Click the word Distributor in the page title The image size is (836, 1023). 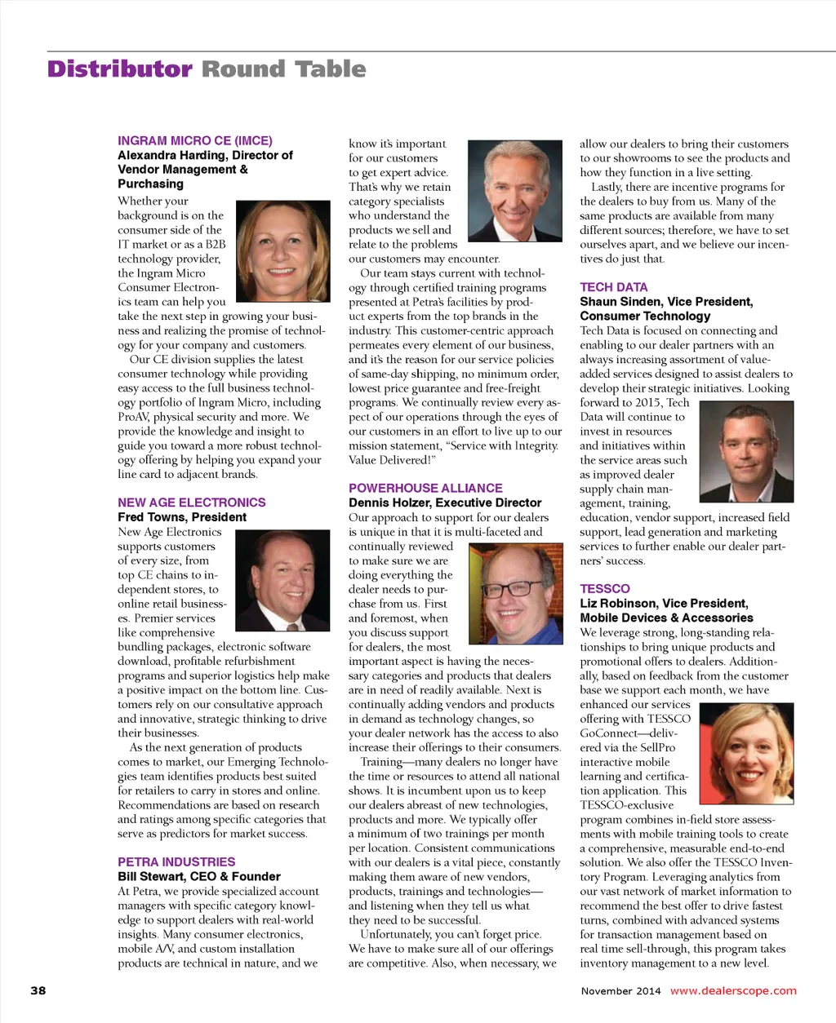(119, 69)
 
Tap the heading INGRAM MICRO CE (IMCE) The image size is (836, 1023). (195, 140)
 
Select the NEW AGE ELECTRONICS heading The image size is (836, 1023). (192, 503)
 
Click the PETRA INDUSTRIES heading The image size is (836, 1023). (176, 861)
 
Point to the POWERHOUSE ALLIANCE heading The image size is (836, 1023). (425, 488)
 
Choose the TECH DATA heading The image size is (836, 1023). (614, 287)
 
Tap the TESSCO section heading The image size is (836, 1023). (605, 588)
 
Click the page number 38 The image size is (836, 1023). (38, 990)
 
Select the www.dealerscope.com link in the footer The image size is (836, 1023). (733, 990)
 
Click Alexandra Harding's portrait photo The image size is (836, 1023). (282, 251)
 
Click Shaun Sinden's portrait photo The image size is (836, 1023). (746, 452)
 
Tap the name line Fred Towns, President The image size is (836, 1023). (182, 517)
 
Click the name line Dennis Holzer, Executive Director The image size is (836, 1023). (445, 503)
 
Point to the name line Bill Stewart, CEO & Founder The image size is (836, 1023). (199, 876)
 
